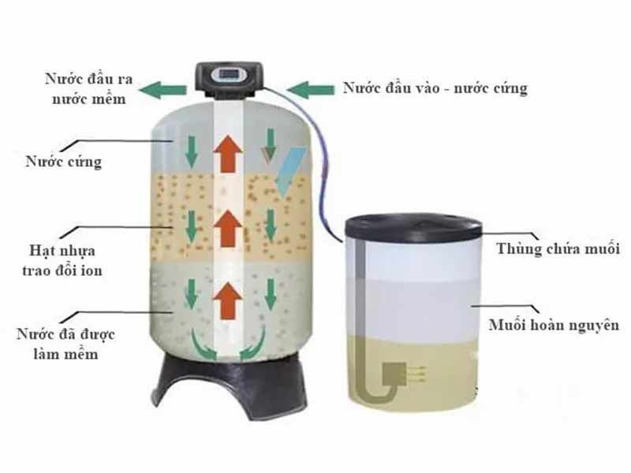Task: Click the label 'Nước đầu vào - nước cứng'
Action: coord(435,89)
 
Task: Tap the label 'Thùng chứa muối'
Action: coord(558,248)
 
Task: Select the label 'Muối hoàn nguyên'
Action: coord(554,325)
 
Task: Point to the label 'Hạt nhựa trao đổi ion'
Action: coord(62,260)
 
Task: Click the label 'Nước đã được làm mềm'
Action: coord(65,344)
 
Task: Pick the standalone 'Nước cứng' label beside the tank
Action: coord(64,162)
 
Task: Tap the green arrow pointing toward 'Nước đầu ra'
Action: coord(162,90)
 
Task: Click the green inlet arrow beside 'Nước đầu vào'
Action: coord(310,90)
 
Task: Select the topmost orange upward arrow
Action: coord(228,154)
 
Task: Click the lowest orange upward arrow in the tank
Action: coord(228,300)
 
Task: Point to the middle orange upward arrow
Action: coord(228,228)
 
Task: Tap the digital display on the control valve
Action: coord(228,74)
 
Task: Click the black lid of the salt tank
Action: coord(413,227)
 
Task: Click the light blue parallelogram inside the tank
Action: coord(290,172)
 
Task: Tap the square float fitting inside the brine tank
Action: coord(394,374)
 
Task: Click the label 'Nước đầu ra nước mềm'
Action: coord(89,88)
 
